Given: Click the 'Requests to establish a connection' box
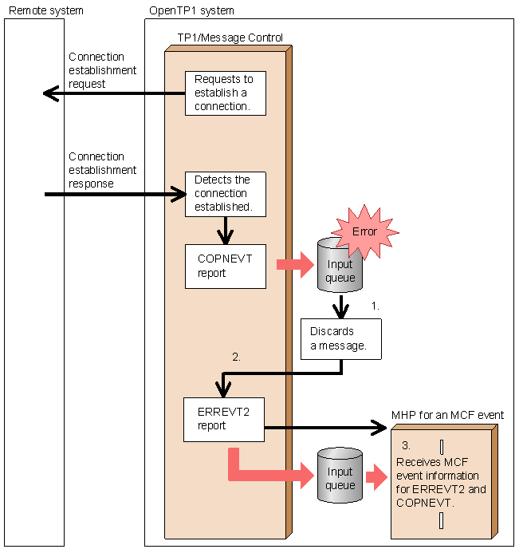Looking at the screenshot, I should coord(225,93).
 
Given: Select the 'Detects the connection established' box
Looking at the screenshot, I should coord(225,194).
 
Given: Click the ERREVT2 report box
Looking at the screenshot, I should coord(223,419).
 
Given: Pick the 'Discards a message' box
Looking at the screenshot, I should coord(340,338).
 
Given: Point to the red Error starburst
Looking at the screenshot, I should coord(365,231).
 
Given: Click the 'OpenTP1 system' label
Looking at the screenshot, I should coord(191,10).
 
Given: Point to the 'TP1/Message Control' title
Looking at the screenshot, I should coord(230,38).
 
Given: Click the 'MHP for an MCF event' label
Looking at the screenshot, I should coord(447,415).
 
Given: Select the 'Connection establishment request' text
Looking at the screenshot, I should coord(102,70).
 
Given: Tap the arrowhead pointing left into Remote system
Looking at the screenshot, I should coord(49,95).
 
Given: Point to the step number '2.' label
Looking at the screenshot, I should coord(236,357).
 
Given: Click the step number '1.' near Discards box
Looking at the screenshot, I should coord(376,306).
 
